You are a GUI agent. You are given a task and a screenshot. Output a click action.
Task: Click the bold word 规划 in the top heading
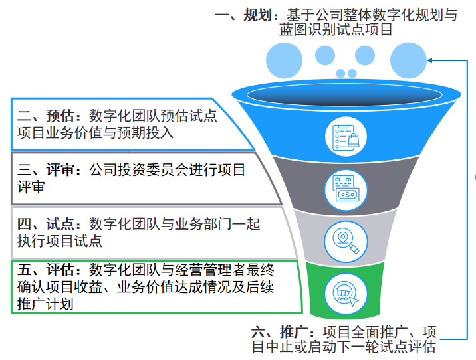coord(257,15)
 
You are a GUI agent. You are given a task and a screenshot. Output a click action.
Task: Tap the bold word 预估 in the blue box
coord(60,116)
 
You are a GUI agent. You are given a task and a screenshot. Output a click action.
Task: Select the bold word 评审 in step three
coord(60,170)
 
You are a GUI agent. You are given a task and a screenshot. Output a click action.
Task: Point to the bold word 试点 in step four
coord(60,224)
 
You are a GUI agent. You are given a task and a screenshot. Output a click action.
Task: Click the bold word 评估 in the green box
coord(60,270)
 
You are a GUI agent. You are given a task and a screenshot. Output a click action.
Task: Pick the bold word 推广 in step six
coord(294,332)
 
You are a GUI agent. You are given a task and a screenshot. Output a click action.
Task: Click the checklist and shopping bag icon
coord(346,137)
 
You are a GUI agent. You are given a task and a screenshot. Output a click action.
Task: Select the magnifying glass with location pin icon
coord(346,241)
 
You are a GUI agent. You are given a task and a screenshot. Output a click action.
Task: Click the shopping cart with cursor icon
coord(346,294)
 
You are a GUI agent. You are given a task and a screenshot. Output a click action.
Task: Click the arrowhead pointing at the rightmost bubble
coord(430,60)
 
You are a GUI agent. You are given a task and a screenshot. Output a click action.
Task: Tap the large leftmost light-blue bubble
coord(284,60)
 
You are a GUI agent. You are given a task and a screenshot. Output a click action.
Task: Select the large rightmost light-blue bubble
coord(408,60)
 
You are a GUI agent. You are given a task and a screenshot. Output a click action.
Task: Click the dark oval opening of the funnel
coord(344,94)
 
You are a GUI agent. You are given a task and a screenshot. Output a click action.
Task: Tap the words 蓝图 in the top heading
coord(294,29)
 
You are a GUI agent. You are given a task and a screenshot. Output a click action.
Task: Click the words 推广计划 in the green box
coord(45,304)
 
